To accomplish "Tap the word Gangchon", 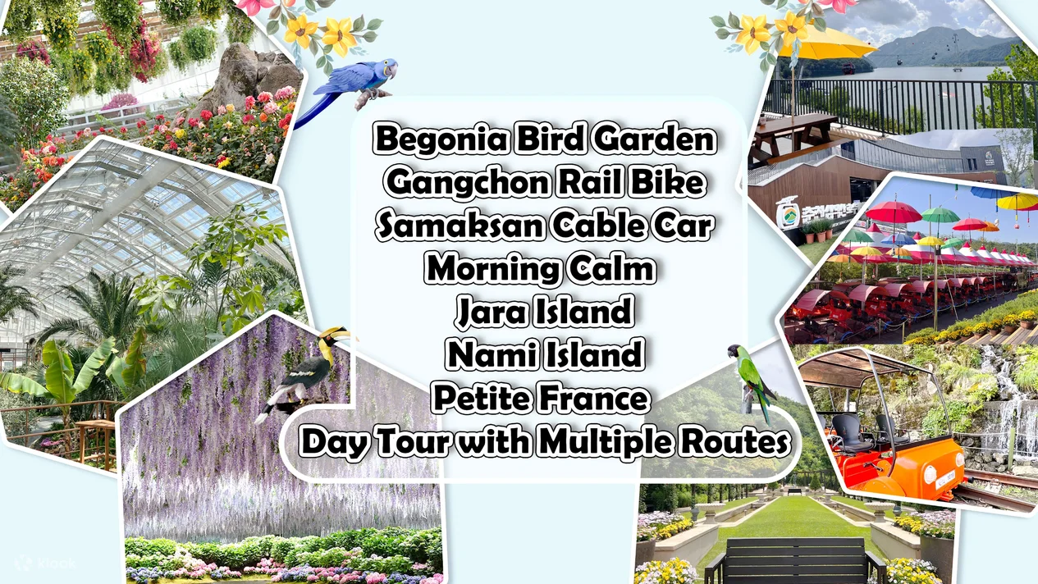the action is [x=468, y=183].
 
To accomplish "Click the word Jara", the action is [x=490, y=311].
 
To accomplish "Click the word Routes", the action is [x=733, y=442].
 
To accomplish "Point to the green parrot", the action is [x=752, y=381].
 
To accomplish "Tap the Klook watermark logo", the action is [x=45, y=563].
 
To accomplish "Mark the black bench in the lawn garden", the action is [x=793, y=562].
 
